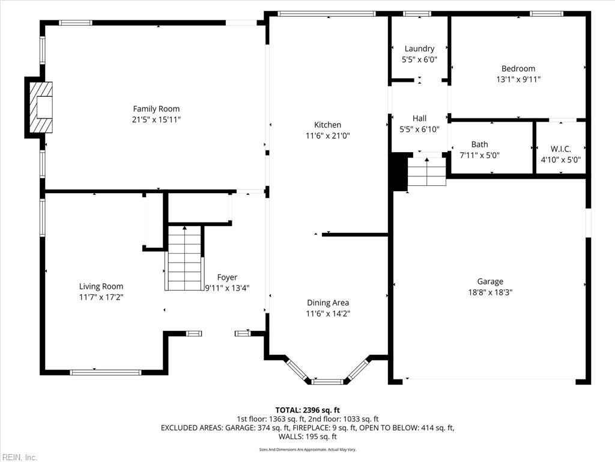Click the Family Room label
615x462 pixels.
[156, 109]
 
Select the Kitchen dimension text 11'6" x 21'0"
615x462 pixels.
[327, 136]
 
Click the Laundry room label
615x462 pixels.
[419, 49]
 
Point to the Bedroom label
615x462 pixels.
[518, 69]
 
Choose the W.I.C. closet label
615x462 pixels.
[560, 149]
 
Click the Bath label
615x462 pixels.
[479, 144]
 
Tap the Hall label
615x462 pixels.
[419, 119]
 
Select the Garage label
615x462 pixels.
[490, 282]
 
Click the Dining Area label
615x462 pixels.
[327, 303]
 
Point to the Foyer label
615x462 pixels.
[227, 277]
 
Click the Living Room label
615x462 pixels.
[101, 286]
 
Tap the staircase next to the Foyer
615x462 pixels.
[184, 259]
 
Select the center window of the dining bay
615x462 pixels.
[327, 381]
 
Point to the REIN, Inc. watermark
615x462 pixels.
[19, 457]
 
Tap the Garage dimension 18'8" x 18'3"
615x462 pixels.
[490, 292]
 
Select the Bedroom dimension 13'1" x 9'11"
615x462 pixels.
[518, 79]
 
